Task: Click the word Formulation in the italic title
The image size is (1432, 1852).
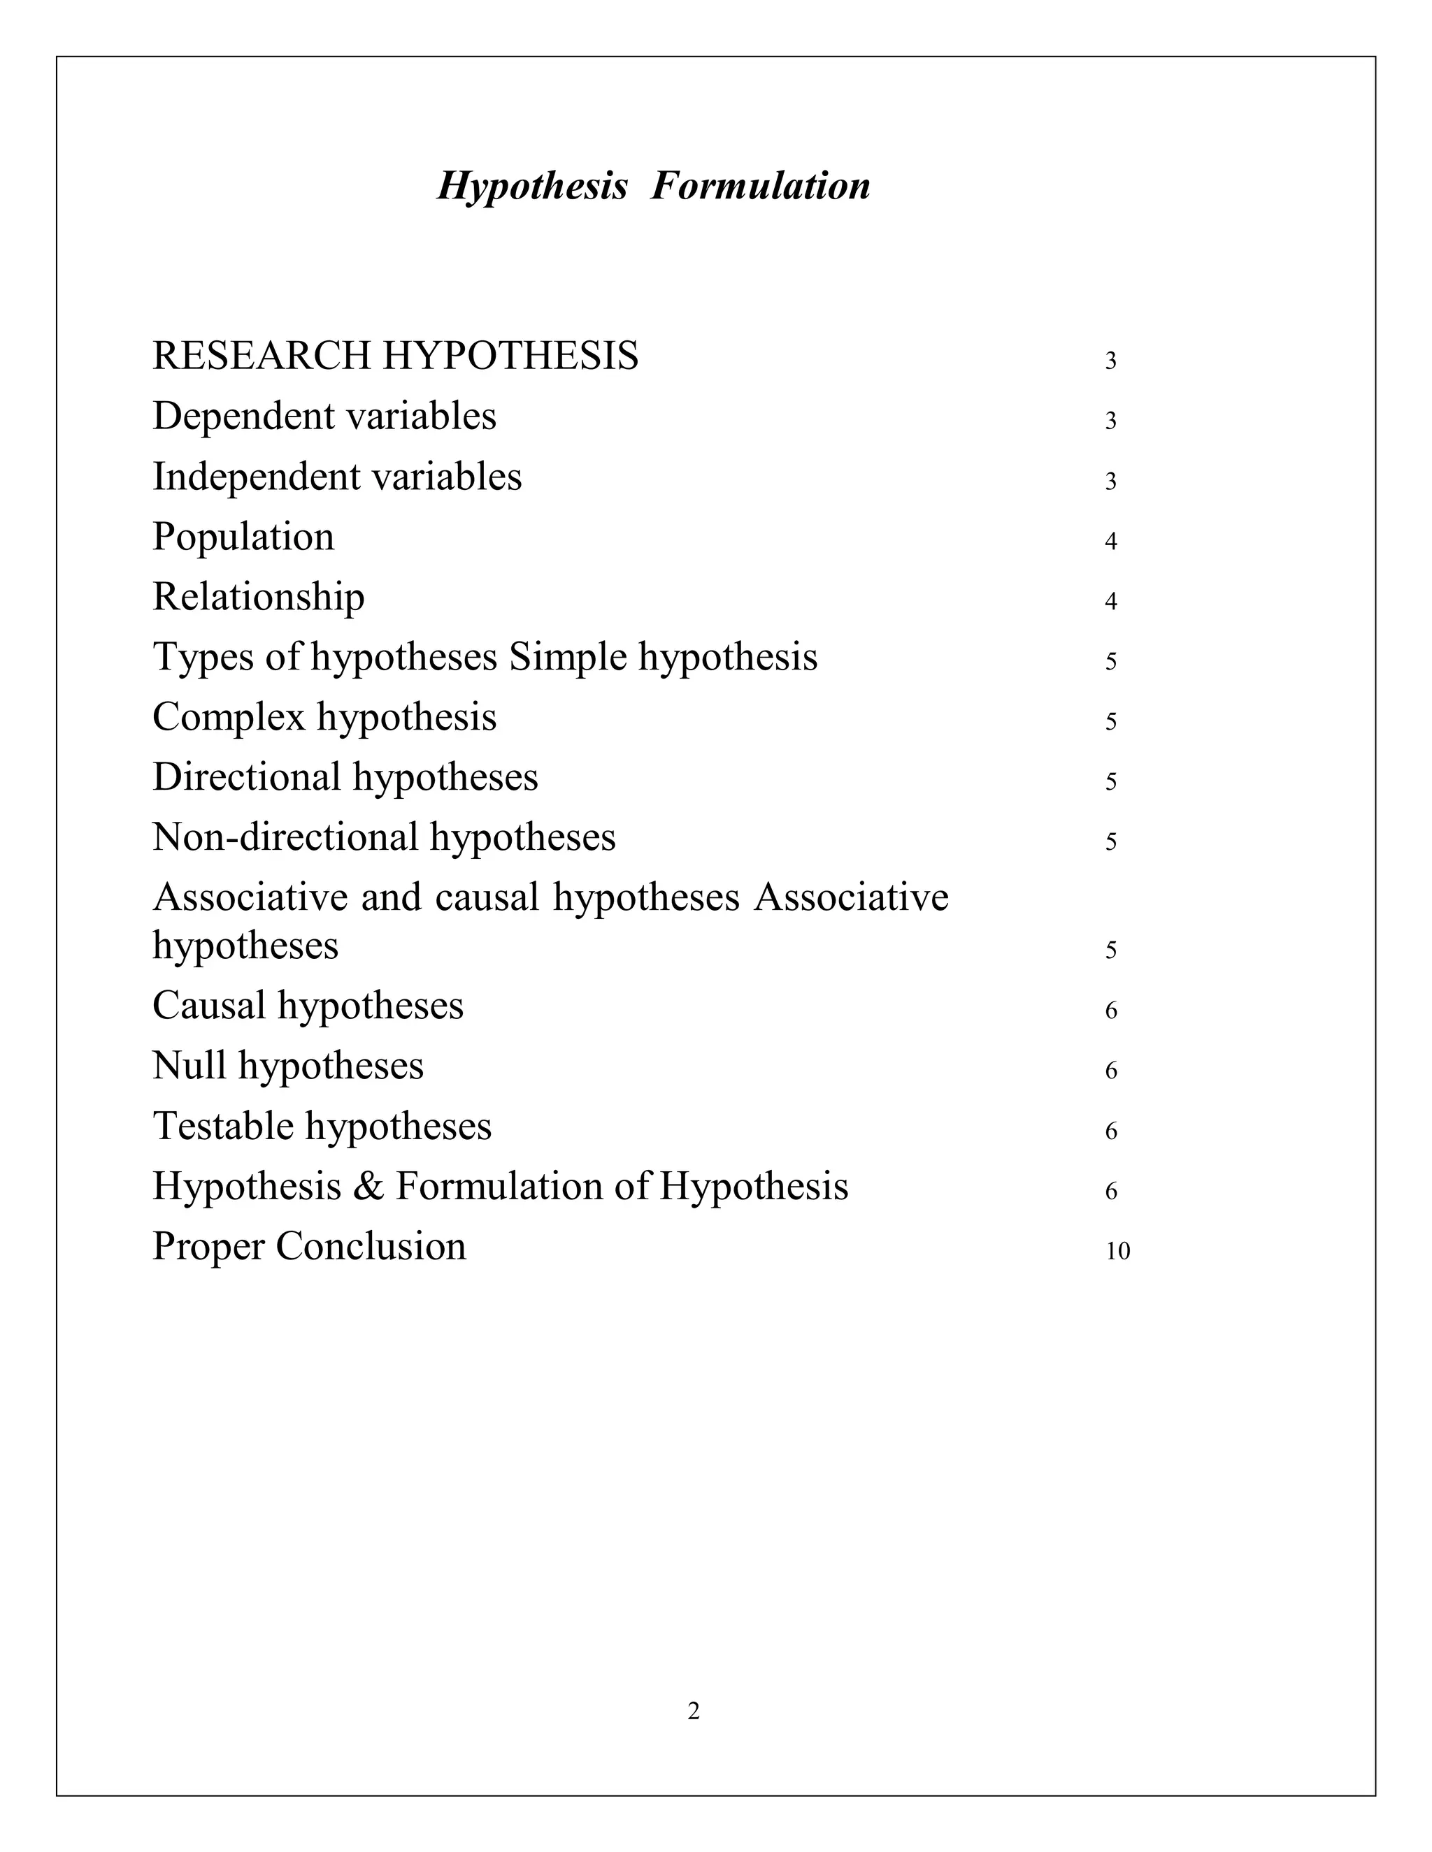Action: click(x=760, y=186)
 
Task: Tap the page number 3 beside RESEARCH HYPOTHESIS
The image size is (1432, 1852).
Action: click(x=1110, y=361)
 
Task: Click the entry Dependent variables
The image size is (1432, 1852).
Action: click(x=324, y=417)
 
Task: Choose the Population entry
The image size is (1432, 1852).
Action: click(x=243, y=537)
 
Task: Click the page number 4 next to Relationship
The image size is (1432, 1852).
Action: click(x=1110, y=602)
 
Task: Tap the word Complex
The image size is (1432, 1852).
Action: click(x=229, y=718)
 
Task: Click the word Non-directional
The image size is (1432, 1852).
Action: click(x=285, y=838)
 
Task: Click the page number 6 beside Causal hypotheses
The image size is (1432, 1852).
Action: click(x=1110, y=1011)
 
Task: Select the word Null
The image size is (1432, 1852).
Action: click(x=189, y=1066)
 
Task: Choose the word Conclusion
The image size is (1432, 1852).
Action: click(x=371, y=1247)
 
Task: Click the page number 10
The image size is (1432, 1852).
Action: click(x=1117, y=1252)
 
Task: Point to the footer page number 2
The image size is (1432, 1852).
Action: click(x=693, y=1712)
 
